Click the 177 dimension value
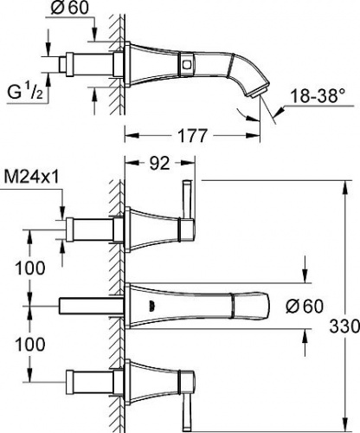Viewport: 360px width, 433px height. (x=193, y=135)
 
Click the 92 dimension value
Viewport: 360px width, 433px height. (x=159, y=164)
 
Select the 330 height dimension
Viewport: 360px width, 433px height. (x=344, y=326)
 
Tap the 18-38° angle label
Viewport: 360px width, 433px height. (x=318, y=95)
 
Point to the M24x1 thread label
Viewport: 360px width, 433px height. (x=32, y=178)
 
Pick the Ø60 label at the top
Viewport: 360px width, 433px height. (x=69, y=7)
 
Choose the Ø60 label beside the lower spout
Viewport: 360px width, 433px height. (x=305, y=306)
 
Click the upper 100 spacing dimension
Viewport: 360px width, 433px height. (x=30, y=268)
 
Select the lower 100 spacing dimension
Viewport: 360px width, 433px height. (x=30, y=344)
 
